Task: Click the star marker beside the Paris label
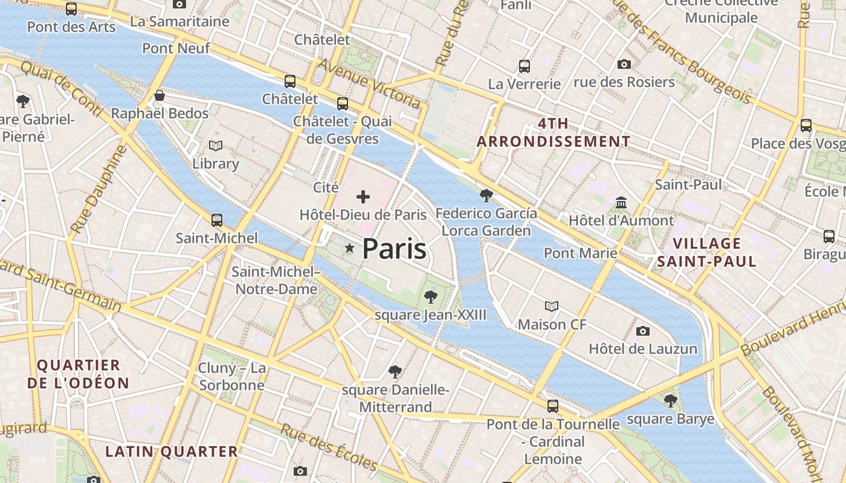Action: [349, 248]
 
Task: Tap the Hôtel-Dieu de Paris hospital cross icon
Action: [363, 196]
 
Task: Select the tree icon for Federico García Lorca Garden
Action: [486, 195]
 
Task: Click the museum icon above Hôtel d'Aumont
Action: [621, 202]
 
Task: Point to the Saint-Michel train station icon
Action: [217, 220]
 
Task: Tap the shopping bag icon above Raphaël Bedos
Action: [160, 95]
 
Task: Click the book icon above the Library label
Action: [216, 146]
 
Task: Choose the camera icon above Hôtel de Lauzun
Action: [643, 331]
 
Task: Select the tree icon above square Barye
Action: [670, 400]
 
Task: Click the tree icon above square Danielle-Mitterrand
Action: [395, 371]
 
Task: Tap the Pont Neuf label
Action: [176, 48]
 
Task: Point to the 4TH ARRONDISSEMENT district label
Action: [554, 133]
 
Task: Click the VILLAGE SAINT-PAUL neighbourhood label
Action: [706, 252]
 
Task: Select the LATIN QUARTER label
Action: [172, 451]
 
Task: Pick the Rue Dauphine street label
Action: [97, 190]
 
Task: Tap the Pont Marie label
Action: [580, 252]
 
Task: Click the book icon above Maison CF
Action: [552, 306]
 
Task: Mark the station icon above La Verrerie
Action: [525, 66]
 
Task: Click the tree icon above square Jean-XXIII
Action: [430, 296]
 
